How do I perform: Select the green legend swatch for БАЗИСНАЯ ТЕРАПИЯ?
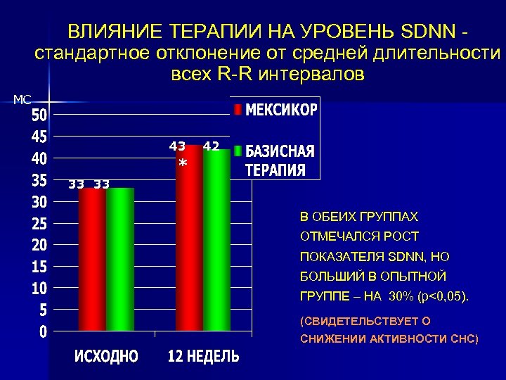coord(238,151)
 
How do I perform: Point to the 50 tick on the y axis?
coord(39,113)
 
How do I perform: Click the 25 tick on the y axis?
coord(39,223)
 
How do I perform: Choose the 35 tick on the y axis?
coord(39,179)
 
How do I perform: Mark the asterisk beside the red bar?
coord(183,164)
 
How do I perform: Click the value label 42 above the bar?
coord(212,146)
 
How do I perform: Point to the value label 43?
coord(177,146)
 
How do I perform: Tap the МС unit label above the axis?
coord(22,100)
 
